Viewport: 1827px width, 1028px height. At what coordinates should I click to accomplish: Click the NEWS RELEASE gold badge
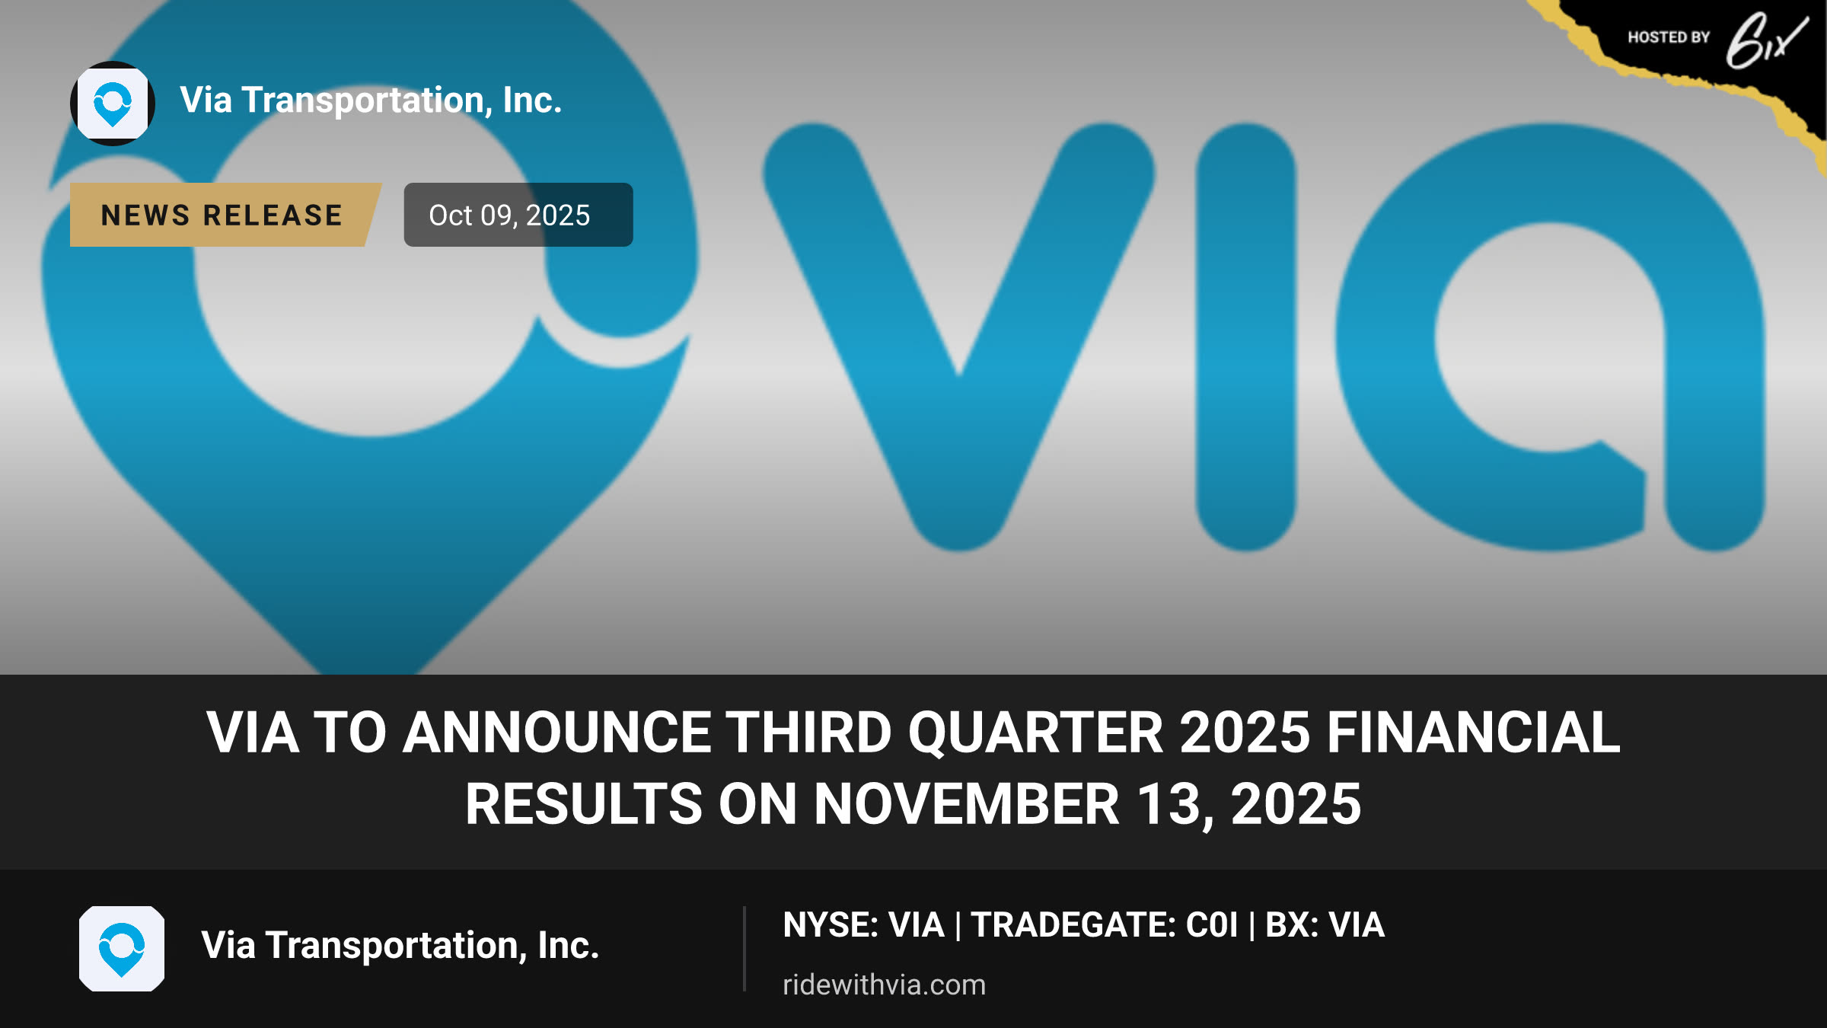pyautogui.click(x=225, y=215)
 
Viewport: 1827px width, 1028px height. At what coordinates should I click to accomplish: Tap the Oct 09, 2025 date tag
pyautogui.click(x=518, y=215)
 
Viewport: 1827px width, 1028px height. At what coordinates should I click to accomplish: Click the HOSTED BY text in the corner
pyautogui.click(x=1669, y=37)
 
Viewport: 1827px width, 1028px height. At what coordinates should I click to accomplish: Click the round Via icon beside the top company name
pyautogui.click(x=113, y=103)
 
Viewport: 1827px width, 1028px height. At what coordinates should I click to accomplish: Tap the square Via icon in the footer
pyautogui.click(x=122, y=949)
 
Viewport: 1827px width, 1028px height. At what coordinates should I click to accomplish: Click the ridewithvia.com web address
pyautogui.click(x=884, y=985)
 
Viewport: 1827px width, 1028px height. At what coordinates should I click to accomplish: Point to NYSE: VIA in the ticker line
pyautogui.click(x=863, y=925)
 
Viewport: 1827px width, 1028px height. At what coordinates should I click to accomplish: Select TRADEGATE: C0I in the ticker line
pyautogui.click(x=1105, y=925)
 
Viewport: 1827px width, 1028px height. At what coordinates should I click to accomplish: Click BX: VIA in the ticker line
pyautogui.click(x=1325, y=925)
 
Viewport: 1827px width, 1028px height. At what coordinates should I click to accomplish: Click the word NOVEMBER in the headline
pyautogui.click(x=967, y=804)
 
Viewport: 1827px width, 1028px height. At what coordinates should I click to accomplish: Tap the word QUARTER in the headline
pyautogui.click(x=1035, y=733)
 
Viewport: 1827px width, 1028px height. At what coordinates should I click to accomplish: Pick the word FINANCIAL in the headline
pyautogui.click(x=1474, y=733)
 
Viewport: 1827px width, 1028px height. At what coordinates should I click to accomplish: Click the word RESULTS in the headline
pyautogui.click(x=584, y=804)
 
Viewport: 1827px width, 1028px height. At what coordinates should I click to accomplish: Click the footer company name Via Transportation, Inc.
pyautogui.click(x=400, y=946)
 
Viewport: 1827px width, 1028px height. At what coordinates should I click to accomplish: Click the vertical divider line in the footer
pyautogui.click(x=744, y=949)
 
